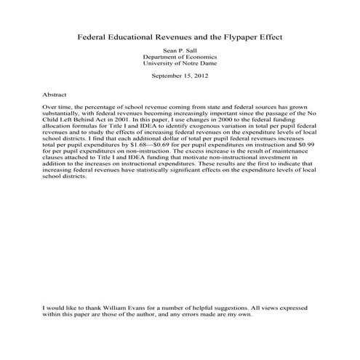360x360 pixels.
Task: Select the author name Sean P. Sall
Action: [x=180, y=50]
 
